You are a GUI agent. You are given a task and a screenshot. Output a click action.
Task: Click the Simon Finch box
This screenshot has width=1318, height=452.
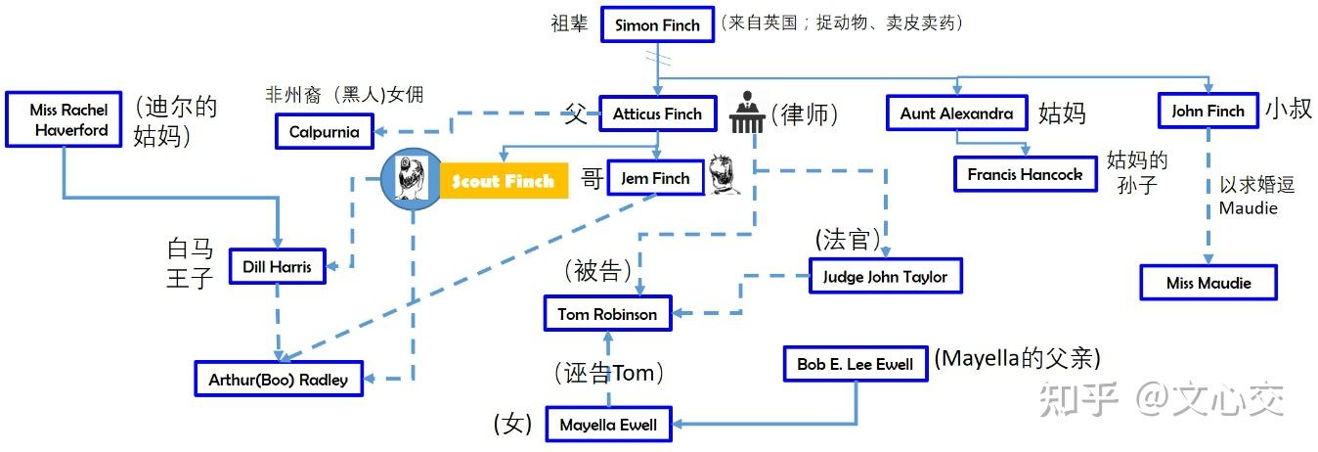657,25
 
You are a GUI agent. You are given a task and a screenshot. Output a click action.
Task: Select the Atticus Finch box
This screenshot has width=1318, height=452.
657,114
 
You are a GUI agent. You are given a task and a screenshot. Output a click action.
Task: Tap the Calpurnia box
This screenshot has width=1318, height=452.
324,132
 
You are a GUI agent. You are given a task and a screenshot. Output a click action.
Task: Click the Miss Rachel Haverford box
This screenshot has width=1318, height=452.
68,120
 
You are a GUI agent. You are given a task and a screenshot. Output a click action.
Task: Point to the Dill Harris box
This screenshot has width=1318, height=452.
277,266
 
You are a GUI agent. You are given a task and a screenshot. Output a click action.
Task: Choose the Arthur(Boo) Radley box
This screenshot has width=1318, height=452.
278,380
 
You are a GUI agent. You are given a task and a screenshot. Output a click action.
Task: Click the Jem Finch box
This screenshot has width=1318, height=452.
654,178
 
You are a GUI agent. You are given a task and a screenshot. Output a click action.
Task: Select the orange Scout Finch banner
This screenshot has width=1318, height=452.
503,181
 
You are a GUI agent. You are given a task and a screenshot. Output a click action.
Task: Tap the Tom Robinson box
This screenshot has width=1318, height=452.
607,314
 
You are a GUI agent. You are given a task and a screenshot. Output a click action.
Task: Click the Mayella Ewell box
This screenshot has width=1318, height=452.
607,426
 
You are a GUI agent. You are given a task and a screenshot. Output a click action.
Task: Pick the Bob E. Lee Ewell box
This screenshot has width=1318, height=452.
855,364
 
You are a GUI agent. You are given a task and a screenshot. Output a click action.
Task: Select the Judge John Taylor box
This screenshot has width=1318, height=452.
885,277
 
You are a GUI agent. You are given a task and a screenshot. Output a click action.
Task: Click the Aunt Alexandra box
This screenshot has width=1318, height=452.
956,113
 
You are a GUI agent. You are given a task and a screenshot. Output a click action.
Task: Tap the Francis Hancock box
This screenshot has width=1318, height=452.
1025,174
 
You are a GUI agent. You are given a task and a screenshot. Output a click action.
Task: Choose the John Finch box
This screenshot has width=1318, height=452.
1208,112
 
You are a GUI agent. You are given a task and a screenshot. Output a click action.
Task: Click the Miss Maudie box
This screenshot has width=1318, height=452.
1208,283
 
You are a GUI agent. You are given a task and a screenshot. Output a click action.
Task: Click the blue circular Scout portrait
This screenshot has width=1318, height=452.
412,180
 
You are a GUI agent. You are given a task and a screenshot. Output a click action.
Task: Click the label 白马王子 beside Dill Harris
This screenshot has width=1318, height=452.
190,263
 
